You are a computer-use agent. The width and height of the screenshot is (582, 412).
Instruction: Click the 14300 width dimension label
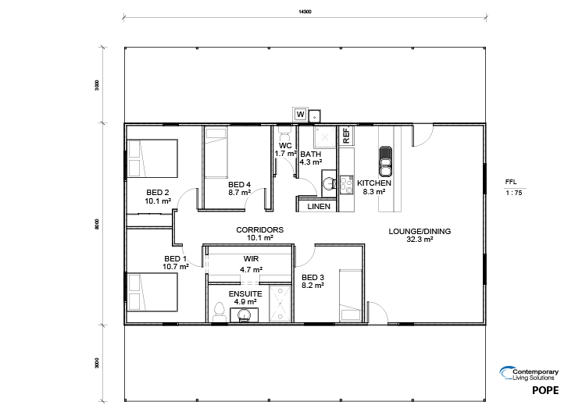coord(305,12)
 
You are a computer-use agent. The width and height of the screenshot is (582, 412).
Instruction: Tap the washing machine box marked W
coord(300,114)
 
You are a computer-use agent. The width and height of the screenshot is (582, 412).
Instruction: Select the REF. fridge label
coord(346,135)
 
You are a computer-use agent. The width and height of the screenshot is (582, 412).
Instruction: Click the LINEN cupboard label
coord(319,207)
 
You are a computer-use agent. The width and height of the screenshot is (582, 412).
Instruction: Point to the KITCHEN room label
coord(374,183)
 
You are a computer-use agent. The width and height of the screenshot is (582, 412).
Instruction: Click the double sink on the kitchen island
coord(385,162)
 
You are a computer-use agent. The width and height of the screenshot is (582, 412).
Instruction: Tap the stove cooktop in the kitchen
coord(346,185)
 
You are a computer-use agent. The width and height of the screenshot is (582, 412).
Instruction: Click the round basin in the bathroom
coord(329,183)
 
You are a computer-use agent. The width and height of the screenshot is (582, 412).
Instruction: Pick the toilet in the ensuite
coord(220,312)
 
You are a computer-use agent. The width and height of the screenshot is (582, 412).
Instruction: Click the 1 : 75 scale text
coord(514,193)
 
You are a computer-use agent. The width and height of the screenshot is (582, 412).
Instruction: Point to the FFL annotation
coord(511,182)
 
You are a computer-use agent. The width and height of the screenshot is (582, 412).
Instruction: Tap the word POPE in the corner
coord(545,390)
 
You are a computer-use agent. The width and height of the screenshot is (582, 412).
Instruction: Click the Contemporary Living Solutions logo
coord(529,374)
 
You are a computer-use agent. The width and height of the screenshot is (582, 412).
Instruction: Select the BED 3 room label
coord(313,277)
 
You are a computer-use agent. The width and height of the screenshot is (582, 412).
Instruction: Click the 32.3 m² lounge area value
coord(420,240)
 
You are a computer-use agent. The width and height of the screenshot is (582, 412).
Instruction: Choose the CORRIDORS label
coord(260,230)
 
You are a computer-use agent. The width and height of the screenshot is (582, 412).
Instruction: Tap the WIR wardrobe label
coord(252,259)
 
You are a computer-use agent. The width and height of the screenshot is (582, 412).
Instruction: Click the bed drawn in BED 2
coord(152,158)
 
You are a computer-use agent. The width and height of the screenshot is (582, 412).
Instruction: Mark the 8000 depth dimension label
coord(97,225)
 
